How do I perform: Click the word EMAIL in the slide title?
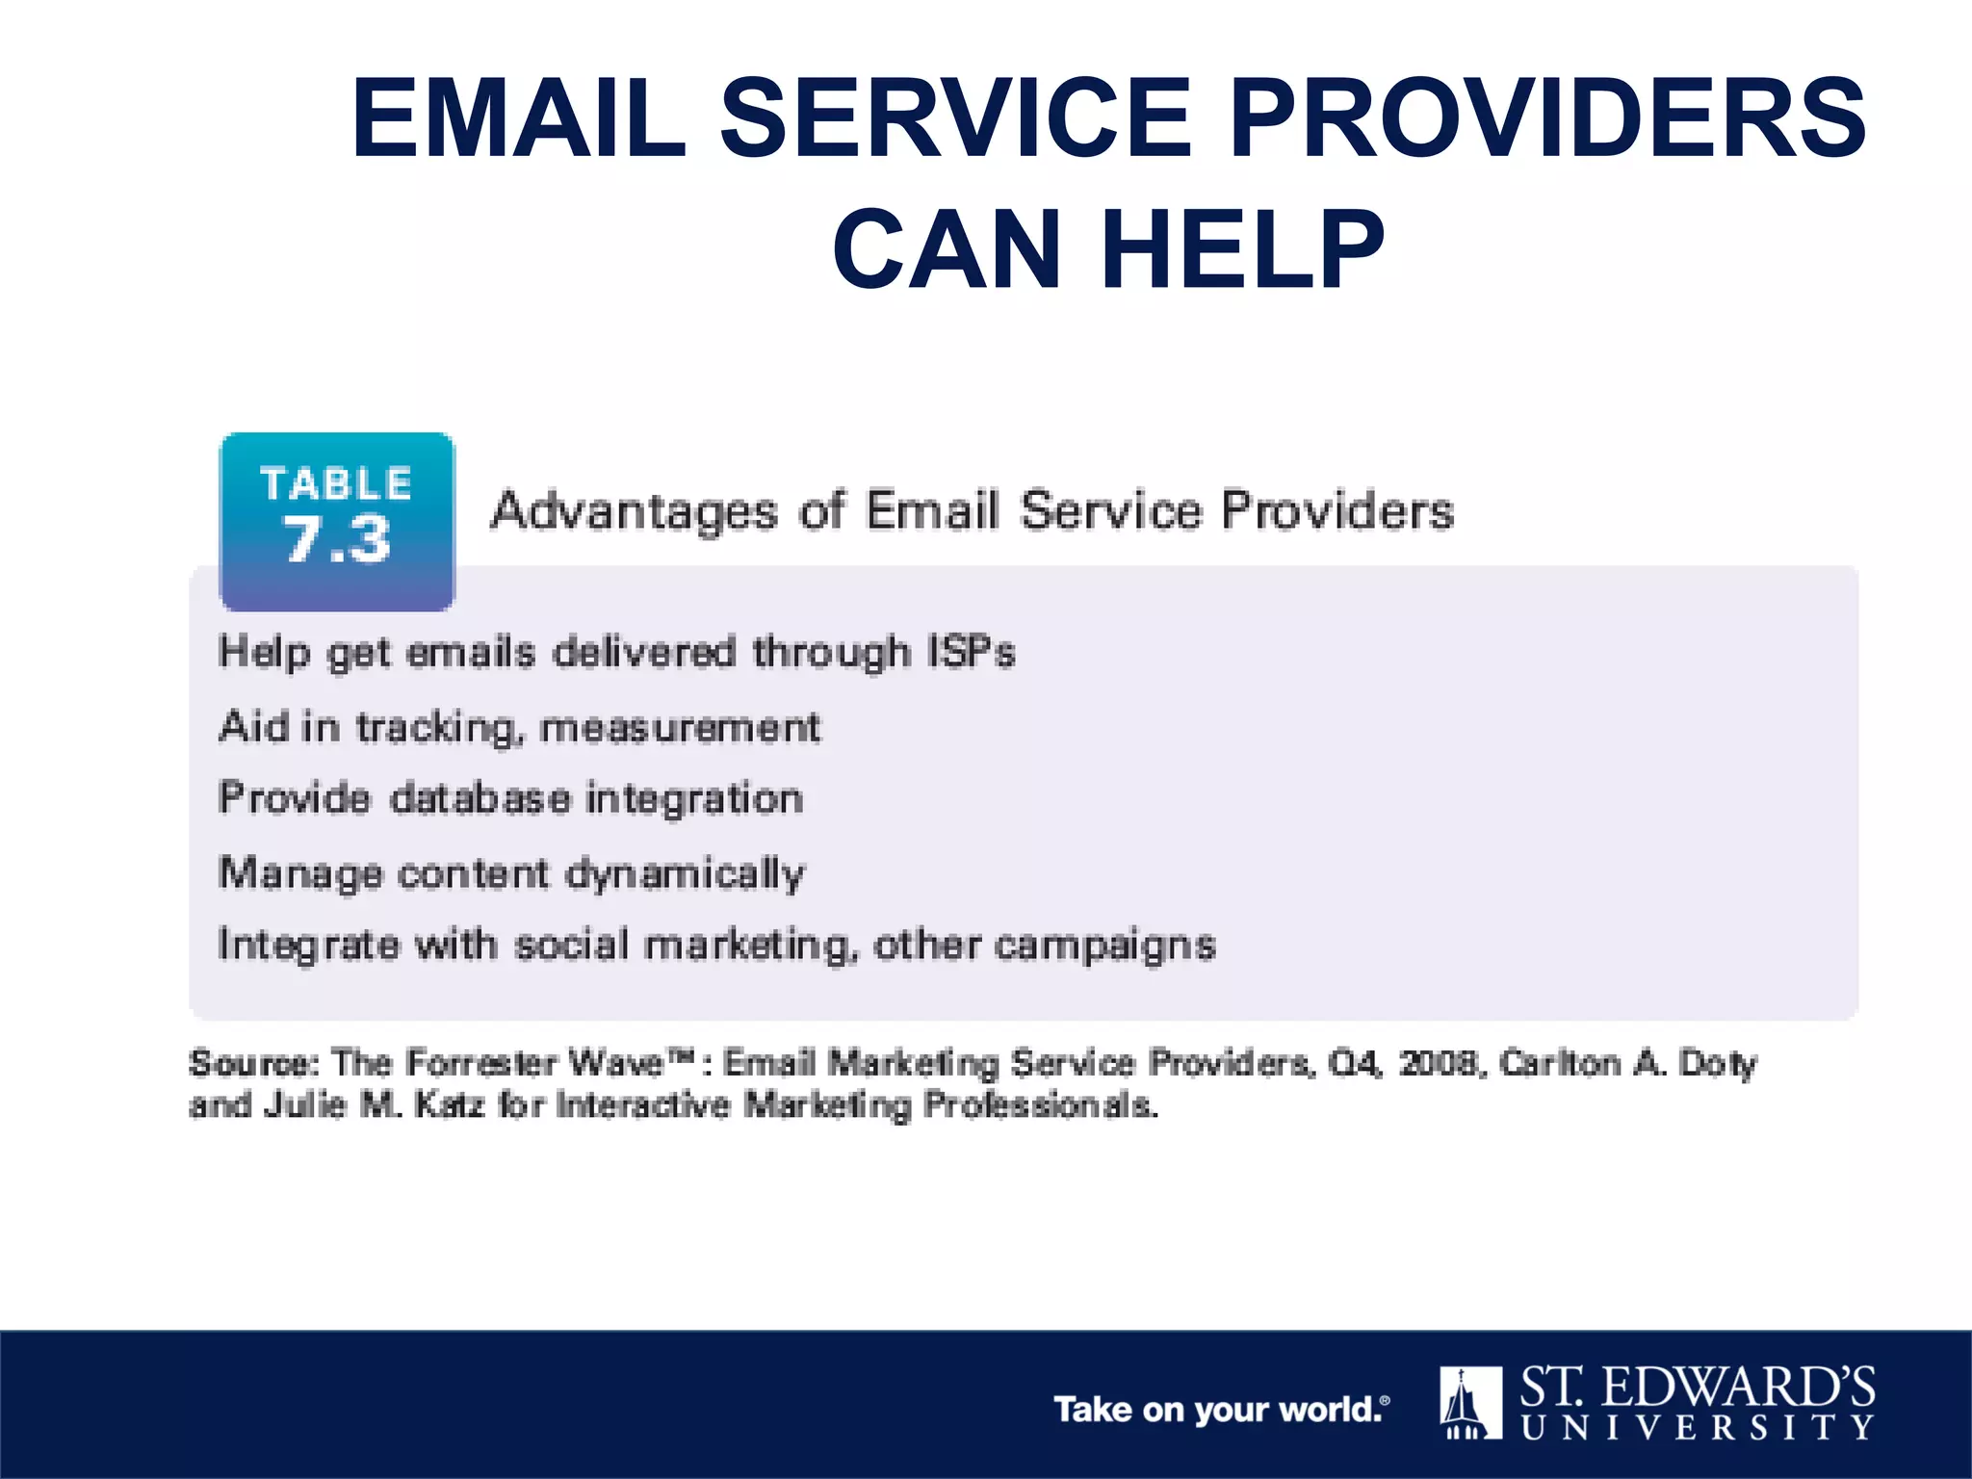pyautogui.click(x=519, y=118)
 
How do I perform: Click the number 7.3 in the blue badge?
pyautogui.click(x=337, y=540)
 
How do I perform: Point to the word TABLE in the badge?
pyautogui.click(x=336, y=483)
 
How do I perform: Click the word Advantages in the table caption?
pyautogui.click(x=634, y=511)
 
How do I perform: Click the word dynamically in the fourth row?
pyautogui.click(x=685, y=874)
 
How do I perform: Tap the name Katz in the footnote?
pyautogui.click(x=449, y=1104)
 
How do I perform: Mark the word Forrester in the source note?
pyautogui.click(x=481, y=1063)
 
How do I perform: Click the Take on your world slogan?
pyautogui.click(x=1221, y=1410)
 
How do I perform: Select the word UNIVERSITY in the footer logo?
pyautogui.click(x=1698, y=1427)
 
